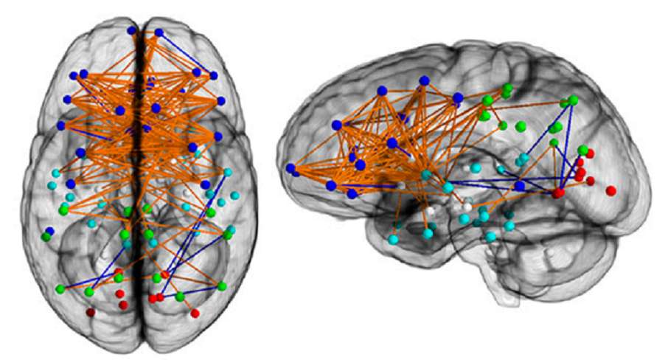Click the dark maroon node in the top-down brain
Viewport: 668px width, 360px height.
(91, 313)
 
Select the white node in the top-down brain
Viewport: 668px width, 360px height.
(174, 158)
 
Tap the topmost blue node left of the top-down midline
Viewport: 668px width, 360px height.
(131, 30)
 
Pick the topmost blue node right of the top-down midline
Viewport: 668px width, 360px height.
(159, 32)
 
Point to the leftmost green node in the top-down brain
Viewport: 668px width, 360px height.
(46, 237)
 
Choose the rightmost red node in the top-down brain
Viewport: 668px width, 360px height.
(195, 313)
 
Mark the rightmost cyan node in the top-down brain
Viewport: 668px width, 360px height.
(235, 196)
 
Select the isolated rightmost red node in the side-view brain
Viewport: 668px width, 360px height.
(610, 190)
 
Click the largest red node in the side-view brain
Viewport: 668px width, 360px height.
(558, 193)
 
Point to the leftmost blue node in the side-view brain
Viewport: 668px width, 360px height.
(290, 168)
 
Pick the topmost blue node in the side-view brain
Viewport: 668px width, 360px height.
(423, 80)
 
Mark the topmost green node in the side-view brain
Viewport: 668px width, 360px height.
(507, 89)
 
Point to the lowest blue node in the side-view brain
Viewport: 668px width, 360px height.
(352, 193)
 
